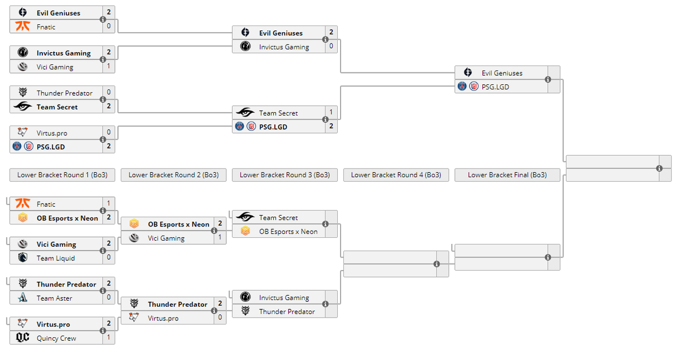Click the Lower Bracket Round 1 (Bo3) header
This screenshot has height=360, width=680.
point(62,175)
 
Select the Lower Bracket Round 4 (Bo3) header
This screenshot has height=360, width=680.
point(396,175)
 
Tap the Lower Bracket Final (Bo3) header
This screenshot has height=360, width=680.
point(507,175)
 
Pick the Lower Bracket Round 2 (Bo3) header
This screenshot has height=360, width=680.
point(173,175)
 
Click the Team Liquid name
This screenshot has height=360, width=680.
point(56,258)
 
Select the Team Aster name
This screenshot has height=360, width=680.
point(54,298)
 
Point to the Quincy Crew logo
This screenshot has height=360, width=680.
point(23,338)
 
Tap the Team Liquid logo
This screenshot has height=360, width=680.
point(23,258)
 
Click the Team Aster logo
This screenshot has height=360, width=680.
point(23,298)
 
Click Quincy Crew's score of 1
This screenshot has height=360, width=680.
point(108,338)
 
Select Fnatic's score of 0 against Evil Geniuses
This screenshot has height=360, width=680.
point(108,26)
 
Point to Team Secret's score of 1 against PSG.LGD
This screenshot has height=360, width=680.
point(331,113)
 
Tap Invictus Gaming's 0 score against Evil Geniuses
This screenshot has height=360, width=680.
point(331,46)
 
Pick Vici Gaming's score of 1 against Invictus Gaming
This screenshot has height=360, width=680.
point(108,67)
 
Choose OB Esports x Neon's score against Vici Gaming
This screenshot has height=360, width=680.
point(220,224)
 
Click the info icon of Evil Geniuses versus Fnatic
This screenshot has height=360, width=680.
point(103,19)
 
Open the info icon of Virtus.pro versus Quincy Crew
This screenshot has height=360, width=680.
point(103,331)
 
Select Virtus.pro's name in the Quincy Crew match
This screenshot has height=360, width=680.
point(53,324)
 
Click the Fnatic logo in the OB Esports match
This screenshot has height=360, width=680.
point(23,204)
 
